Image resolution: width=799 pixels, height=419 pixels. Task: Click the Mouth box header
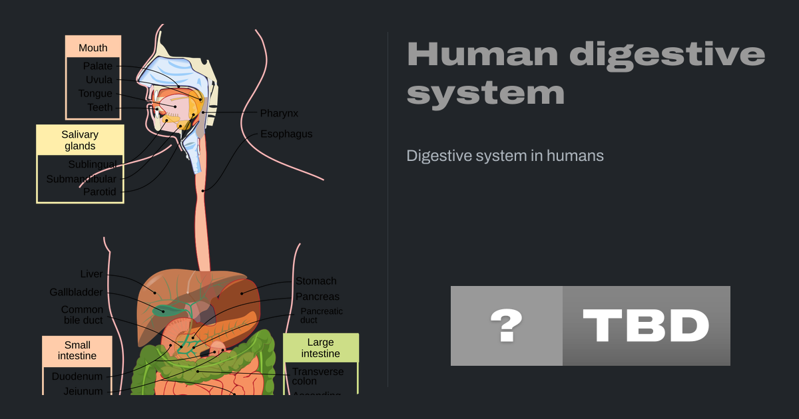[x=93, y=47]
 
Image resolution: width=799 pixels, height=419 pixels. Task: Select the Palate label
[x=97, y=66]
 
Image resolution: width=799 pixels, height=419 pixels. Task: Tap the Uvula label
[x=99, y=80]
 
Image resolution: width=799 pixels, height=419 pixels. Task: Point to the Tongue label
[x=95, y=94]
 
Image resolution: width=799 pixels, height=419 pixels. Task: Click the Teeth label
[x=100, y=107]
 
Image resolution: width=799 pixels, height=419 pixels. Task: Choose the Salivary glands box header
[x=80, y=140]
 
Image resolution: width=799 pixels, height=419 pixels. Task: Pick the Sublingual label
[x=92, y=164]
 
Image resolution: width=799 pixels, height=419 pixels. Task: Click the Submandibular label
[x=81, y=179]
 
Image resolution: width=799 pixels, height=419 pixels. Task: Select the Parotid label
[x=99, y=192]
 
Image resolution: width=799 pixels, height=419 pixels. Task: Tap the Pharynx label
[x=279, y=114]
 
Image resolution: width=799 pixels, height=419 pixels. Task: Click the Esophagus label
[x=286, y=134]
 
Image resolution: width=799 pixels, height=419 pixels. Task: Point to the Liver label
[x=91, y=274]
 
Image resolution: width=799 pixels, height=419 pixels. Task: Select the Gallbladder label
[x=76, y=292]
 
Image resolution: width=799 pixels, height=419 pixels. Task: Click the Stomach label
[x=316, y=281]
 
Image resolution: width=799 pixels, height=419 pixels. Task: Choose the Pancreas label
[x=318, y=297]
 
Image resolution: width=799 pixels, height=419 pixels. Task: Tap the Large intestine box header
[x=320, y=348]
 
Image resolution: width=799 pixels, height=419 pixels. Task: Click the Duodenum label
[x=77, y=376]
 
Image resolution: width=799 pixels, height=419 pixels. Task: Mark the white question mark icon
[x=506, y=326]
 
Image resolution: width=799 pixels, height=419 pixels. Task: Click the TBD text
[x=646, y=326]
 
